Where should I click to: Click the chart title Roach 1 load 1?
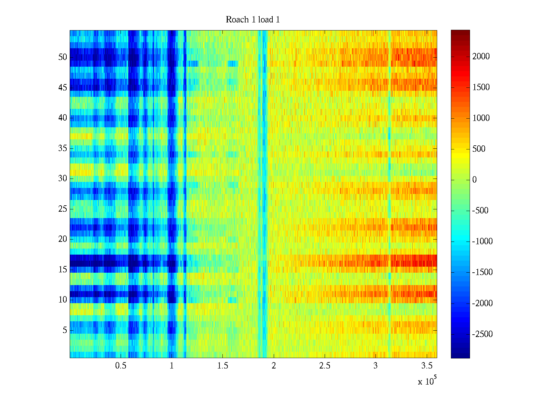click(x=253, y=20)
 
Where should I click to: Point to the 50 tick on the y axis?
click(x=63, y=57)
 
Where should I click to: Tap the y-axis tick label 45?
click(x=63, y=87)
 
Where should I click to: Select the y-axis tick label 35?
click(x=63, y=148)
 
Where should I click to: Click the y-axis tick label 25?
click(x=63, y=209)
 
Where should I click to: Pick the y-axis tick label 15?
click(x=63, y=269)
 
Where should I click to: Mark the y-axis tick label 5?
click(x=65, y=330)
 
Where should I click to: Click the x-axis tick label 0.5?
click(x=121, y=366)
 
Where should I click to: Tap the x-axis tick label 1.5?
click(x=223, y=366)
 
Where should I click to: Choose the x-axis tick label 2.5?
click(x=325, y=366)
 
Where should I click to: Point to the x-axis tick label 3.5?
click(x=426, y=366)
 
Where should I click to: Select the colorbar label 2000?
click(x=481, y=57)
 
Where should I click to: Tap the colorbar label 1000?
click(x=481, y=118)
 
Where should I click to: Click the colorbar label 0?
click(x=474, y=180)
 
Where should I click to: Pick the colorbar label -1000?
click(x=482, y=242)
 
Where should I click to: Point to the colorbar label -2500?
click(x=482, y=334)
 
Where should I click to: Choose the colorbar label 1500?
click(x=481, y=87)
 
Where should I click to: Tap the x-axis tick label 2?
click(x=274, y=366)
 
